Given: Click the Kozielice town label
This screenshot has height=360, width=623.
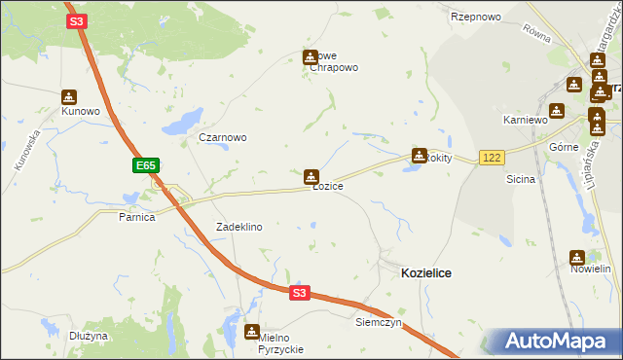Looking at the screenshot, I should (426, 274).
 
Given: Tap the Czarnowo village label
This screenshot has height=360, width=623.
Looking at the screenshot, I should (223, 137).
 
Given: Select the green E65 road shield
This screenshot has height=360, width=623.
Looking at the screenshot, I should (146, 166).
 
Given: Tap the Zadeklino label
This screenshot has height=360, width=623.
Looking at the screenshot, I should (239, 227).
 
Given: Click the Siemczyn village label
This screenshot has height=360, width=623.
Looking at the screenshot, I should (379, 321).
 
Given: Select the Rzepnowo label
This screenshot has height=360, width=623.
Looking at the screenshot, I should (475, 18).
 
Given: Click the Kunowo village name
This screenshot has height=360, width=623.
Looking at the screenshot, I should (81, 111).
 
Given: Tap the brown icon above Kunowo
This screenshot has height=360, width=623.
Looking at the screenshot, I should (69, 97).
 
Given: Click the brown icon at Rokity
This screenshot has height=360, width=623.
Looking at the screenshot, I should (420, 155).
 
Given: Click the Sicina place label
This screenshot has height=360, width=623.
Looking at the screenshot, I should (522, 180).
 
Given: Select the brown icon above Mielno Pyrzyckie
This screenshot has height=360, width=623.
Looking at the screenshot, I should (253, 332).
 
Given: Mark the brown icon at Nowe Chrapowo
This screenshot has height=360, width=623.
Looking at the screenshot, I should (311, 57).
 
